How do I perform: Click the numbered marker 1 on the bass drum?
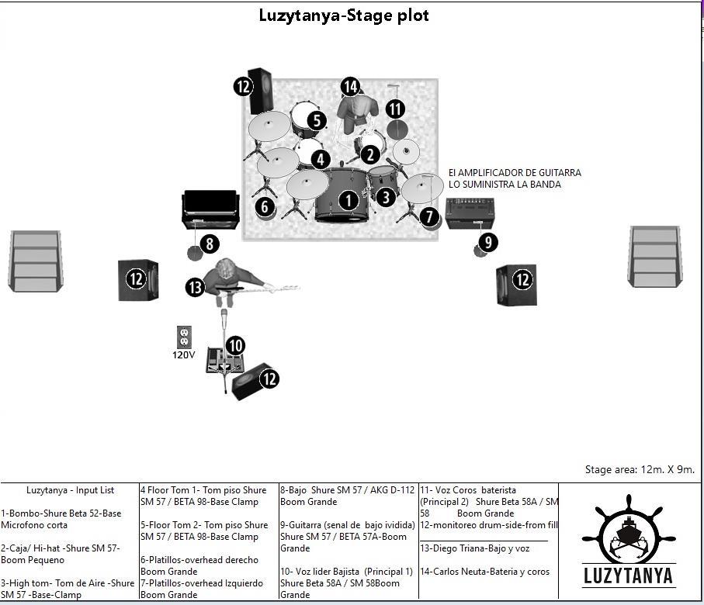point(349,200)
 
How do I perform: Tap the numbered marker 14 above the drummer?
point(350,86)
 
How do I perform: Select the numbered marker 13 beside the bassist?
point(195,287)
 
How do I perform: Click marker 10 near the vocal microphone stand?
point(235,346)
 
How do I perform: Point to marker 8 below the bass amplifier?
point(210,244)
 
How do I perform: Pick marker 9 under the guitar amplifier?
point(487,242)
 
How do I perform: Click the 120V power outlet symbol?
point(185,337)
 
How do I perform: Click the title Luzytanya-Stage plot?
point(344,16)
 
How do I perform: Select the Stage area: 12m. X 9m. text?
point(639,469)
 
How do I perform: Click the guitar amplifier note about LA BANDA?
point(515,178)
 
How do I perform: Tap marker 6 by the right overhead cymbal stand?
point(265,206)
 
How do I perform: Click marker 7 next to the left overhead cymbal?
point(429,216)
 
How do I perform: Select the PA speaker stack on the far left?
point(35,261)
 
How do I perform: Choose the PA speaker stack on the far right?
point(656,257)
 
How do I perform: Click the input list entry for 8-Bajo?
point(348,496)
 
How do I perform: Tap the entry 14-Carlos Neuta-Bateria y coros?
point(484,572)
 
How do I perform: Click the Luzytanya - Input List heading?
point(70,490)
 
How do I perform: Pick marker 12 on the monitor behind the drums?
point(244,86)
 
